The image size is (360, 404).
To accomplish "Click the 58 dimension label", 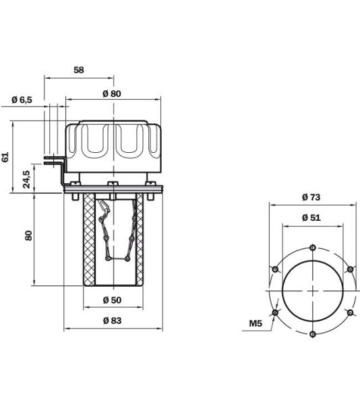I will click(79, 70).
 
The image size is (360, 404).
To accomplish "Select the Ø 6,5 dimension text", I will click(22, 100).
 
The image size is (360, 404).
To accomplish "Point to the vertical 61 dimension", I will click(6, 156).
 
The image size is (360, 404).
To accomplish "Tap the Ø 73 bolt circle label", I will click(311, 197).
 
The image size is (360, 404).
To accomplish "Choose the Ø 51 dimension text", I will click(311, 217).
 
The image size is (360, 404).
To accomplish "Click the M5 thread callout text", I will click(255, 324).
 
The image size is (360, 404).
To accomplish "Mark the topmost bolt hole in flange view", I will click(312, 247).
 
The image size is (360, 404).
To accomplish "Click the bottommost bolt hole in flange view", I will click(312, 333).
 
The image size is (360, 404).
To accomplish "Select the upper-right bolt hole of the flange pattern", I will click(349, 269).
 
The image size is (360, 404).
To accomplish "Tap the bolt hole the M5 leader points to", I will click(275, 312).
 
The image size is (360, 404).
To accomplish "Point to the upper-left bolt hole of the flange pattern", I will click(275, 269).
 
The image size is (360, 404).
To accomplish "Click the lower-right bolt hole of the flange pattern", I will click(349, 312).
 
